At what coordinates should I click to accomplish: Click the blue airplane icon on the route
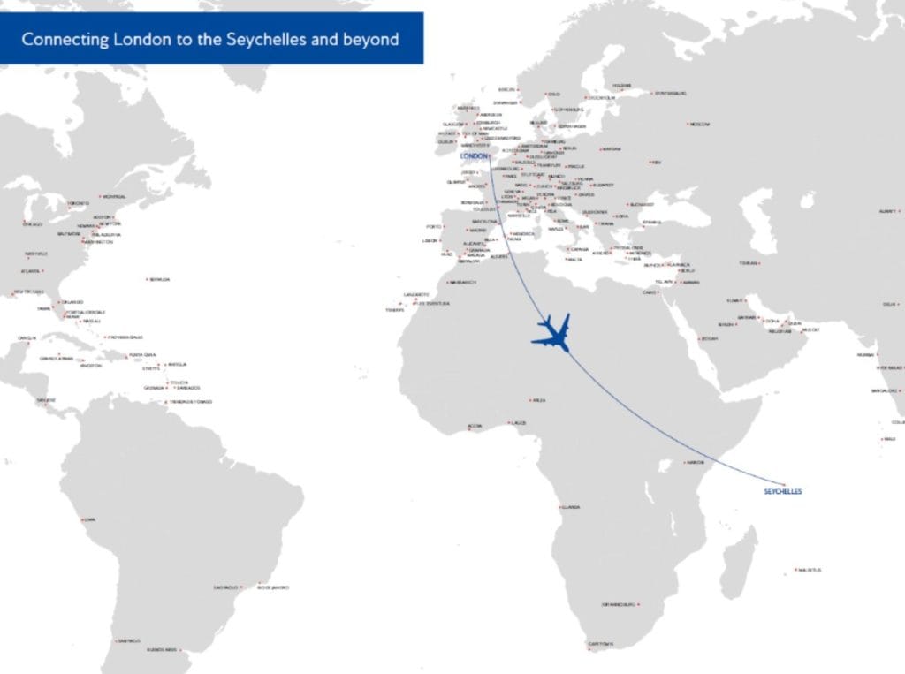coord(551,334)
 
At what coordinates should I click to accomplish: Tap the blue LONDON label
coord(474,156)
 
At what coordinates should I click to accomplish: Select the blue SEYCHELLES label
coord(782,491)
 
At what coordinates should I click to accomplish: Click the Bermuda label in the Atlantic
coord(160,280)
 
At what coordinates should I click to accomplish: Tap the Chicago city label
coord(33,224)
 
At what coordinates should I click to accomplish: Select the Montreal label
coord(114,197)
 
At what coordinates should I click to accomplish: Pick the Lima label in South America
coord(89,519)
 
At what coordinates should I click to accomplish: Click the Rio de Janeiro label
coord(275,587)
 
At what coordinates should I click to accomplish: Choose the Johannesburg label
coord(619,605)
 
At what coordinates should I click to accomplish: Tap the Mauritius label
coord(809,570)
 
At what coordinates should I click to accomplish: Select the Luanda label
coord(571,507)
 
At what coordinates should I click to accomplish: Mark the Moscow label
coord(699,124)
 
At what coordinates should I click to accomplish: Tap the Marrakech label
coord(464,283)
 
